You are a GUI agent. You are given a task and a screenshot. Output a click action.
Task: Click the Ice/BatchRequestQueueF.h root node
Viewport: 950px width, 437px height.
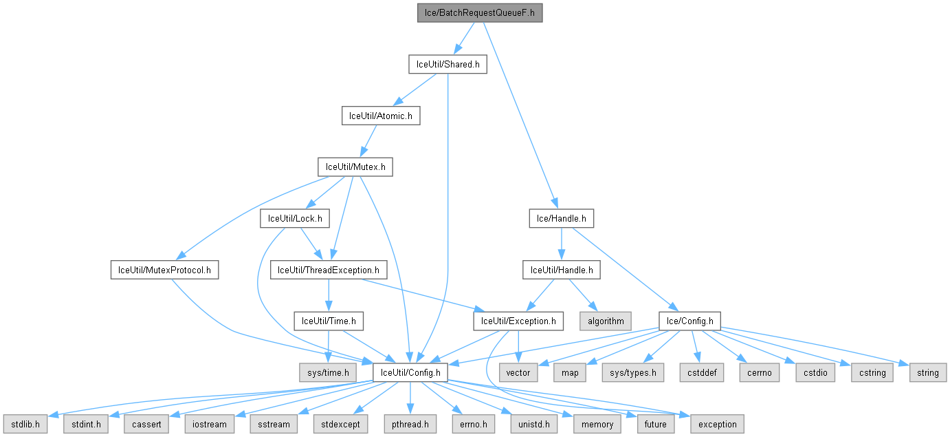pyautogui.click(x=480, y=12)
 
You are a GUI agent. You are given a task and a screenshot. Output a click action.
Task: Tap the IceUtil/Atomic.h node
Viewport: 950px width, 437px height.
pyautogui.click(x=381, y=116)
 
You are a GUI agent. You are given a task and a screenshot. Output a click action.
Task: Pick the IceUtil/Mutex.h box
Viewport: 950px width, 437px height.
pyautogui.click(x=355, y=167)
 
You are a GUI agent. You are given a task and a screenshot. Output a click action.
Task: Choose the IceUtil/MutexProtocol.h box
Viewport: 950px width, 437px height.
pyautogui.click(x=164, y=270)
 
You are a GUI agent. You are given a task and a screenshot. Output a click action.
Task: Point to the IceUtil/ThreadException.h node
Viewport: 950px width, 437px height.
pyautogui.click(x=329, y=270)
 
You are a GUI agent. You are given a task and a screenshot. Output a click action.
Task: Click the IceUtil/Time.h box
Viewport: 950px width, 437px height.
pyautogui.click(x=329, y=321)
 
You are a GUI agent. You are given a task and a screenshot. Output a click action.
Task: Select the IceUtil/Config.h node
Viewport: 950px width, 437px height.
pyautogui.click(x=410, y=372)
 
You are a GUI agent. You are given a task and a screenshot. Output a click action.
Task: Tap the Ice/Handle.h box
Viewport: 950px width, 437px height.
pyautogui.click(x=561, y=219)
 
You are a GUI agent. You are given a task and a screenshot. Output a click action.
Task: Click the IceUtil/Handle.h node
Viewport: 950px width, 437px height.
pyautogui.click(x=561, y=270)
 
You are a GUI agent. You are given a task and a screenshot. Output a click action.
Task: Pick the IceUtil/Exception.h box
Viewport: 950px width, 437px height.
pyautogui.click(x=518, y=321)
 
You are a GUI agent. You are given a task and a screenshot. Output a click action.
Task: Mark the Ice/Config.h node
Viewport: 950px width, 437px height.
pyautogui.click(x=689, y=321)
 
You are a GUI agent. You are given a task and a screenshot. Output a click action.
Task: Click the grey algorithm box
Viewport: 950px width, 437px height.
pyautogui.click(x=606, y=321)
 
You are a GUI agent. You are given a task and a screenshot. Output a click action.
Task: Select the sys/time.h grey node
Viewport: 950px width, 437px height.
pyautogui.click(x=329, y=372)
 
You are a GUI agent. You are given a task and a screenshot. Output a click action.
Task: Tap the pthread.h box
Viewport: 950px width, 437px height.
pyautogui.click(x=410, y=424)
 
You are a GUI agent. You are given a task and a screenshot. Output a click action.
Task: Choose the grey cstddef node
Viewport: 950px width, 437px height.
pyautogui.click(x=698, y=372)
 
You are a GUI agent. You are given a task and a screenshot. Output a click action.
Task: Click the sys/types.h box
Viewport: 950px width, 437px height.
pyautogui.click(x=633, y=372)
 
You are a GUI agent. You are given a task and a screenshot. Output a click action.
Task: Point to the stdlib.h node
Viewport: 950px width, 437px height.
pyautogui.click(x=24, y=424)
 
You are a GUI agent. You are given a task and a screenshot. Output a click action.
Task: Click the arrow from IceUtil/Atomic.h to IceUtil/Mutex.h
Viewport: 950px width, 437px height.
pyautogui.click(x=368, y=141)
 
